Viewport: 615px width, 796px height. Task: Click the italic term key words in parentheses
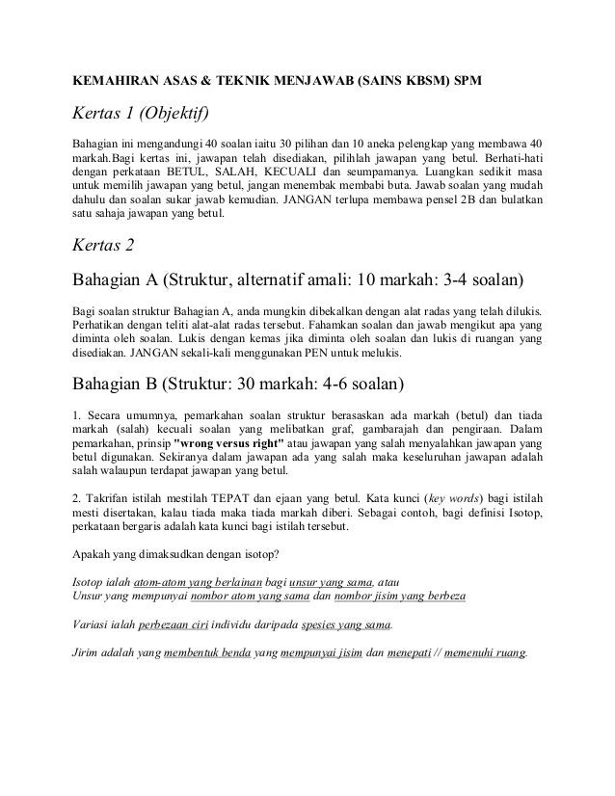point(454,503)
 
